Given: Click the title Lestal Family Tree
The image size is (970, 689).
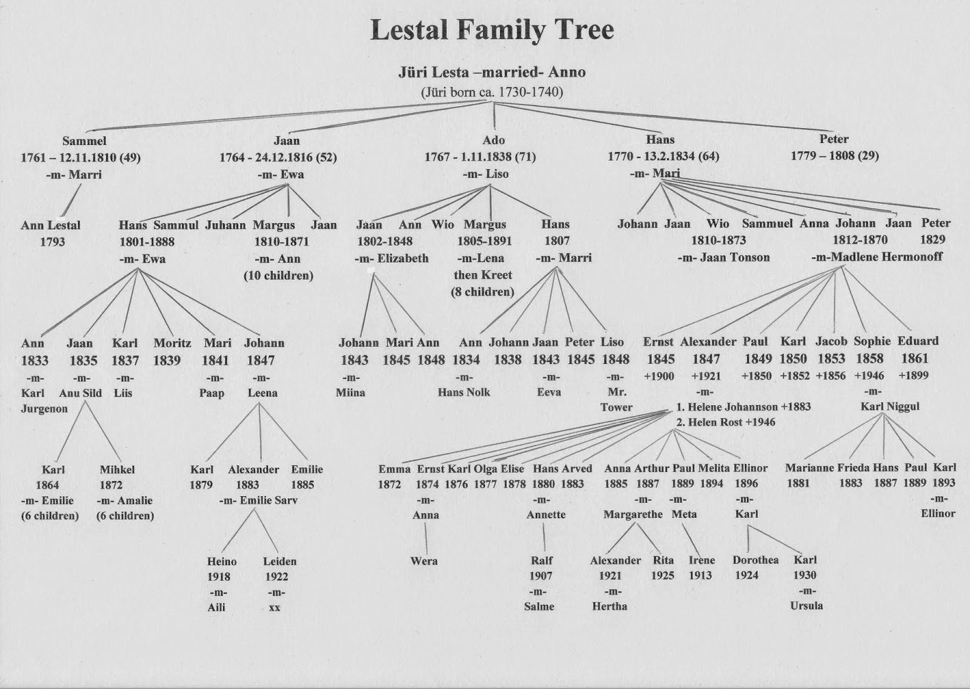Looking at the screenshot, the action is pos(492,30).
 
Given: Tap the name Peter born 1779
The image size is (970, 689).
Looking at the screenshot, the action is pos(834,139).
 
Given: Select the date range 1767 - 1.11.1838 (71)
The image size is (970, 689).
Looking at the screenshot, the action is pos(480,156).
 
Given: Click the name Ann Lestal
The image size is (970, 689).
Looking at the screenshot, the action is pos(51,226).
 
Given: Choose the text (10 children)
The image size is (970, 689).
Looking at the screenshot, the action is pos(278,275).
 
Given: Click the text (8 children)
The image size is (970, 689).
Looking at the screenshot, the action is pos(483,292).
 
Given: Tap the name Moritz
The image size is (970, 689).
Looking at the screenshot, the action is pos(172,343).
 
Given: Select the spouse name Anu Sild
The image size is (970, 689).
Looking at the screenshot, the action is pos(81,393).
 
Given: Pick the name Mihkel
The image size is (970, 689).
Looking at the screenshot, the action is pos(117,469).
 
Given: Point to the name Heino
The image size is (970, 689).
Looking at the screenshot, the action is pos(222,562).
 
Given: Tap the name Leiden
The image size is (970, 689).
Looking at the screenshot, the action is pos(279,561).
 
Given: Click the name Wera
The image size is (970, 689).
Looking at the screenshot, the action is pos(424,561).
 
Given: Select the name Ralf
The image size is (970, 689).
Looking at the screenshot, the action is pos(541,560).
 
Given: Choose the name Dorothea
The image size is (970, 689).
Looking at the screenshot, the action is pos(755,560).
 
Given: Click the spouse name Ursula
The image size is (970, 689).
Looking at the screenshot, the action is pos(806,605).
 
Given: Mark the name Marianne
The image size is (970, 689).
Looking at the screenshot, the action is pos(809,468).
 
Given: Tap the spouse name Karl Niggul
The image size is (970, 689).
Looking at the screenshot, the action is pos(889,406).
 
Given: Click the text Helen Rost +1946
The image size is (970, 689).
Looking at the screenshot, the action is pos(731,422).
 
